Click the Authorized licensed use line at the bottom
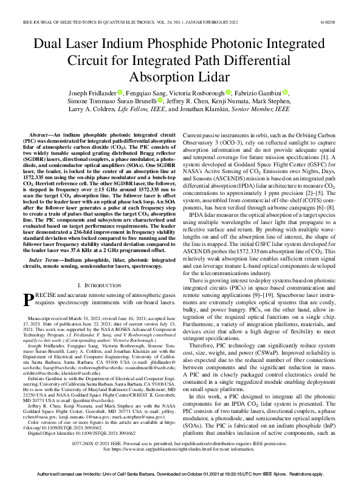pyautogui.click(x=180, y=472)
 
